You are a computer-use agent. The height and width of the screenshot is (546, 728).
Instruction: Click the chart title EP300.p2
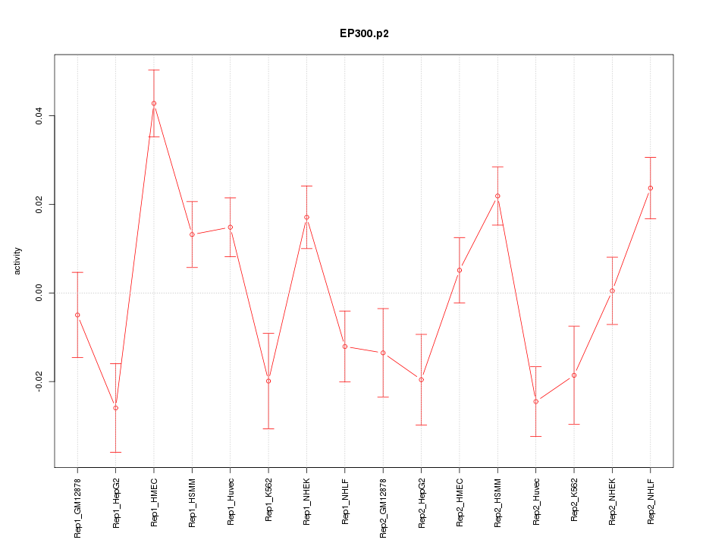click(x=364, y=33)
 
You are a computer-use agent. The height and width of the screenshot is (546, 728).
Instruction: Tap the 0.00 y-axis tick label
click(x=39, y=293)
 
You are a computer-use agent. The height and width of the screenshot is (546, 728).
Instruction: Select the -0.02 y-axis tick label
click(x=39, y=381)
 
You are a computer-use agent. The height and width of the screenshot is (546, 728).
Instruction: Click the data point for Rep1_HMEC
click(x=154, y=103)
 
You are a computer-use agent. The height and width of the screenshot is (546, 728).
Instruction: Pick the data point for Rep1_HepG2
click(x=115, y=408)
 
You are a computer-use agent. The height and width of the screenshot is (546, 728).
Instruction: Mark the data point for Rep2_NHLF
click(x=650, y=188)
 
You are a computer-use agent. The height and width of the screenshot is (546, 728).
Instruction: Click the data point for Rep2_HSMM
click(x=497, y=196)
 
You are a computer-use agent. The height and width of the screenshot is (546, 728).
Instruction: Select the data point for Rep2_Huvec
click(x=535, y=401)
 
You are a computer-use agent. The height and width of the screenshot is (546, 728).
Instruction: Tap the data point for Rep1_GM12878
click(x=77, y=315)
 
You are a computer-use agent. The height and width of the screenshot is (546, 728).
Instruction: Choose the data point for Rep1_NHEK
click(x=306, y=218)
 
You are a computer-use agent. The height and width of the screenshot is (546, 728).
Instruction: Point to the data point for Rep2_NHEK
click(x=612, y=290)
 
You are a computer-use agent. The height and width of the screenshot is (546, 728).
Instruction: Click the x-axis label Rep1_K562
click(x=268, y=501)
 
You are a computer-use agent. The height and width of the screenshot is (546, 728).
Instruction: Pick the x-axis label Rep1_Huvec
click(x=231, y=502)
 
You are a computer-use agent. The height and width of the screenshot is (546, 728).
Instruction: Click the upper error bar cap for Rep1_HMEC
click(x=154, y=70)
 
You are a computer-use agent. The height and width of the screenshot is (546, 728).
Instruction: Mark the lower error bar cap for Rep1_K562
click(x=268, y=428)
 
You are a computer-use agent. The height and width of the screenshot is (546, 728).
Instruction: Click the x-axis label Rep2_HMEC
click(x=460, y=503)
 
